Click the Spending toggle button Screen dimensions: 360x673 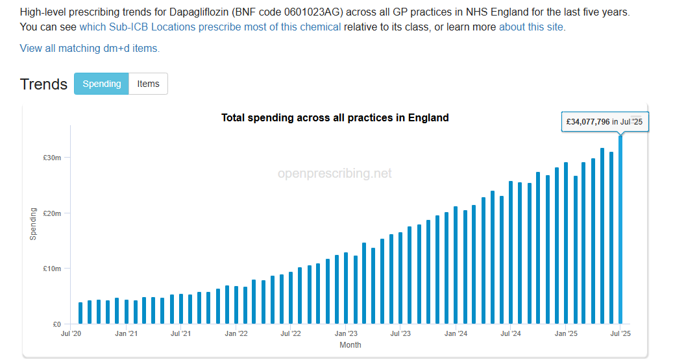101,84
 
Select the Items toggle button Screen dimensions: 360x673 148,84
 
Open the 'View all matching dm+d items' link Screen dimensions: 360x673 90,48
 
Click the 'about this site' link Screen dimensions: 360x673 532,27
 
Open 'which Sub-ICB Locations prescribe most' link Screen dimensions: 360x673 210,27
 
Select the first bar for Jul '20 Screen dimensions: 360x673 80,313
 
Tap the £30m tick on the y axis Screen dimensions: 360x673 53,158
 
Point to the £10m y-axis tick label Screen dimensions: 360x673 53,269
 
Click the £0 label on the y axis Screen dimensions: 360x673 56,324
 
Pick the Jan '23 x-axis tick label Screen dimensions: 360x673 346,334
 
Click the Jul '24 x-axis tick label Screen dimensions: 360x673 511,334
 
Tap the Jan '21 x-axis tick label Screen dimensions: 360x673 126,334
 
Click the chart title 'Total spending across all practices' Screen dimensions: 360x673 335,117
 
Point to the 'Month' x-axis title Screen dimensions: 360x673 350,345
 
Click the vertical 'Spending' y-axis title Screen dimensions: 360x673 33,224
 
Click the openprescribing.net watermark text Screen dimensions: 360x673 335,173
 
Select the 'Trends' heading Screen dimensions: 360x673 43,84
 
